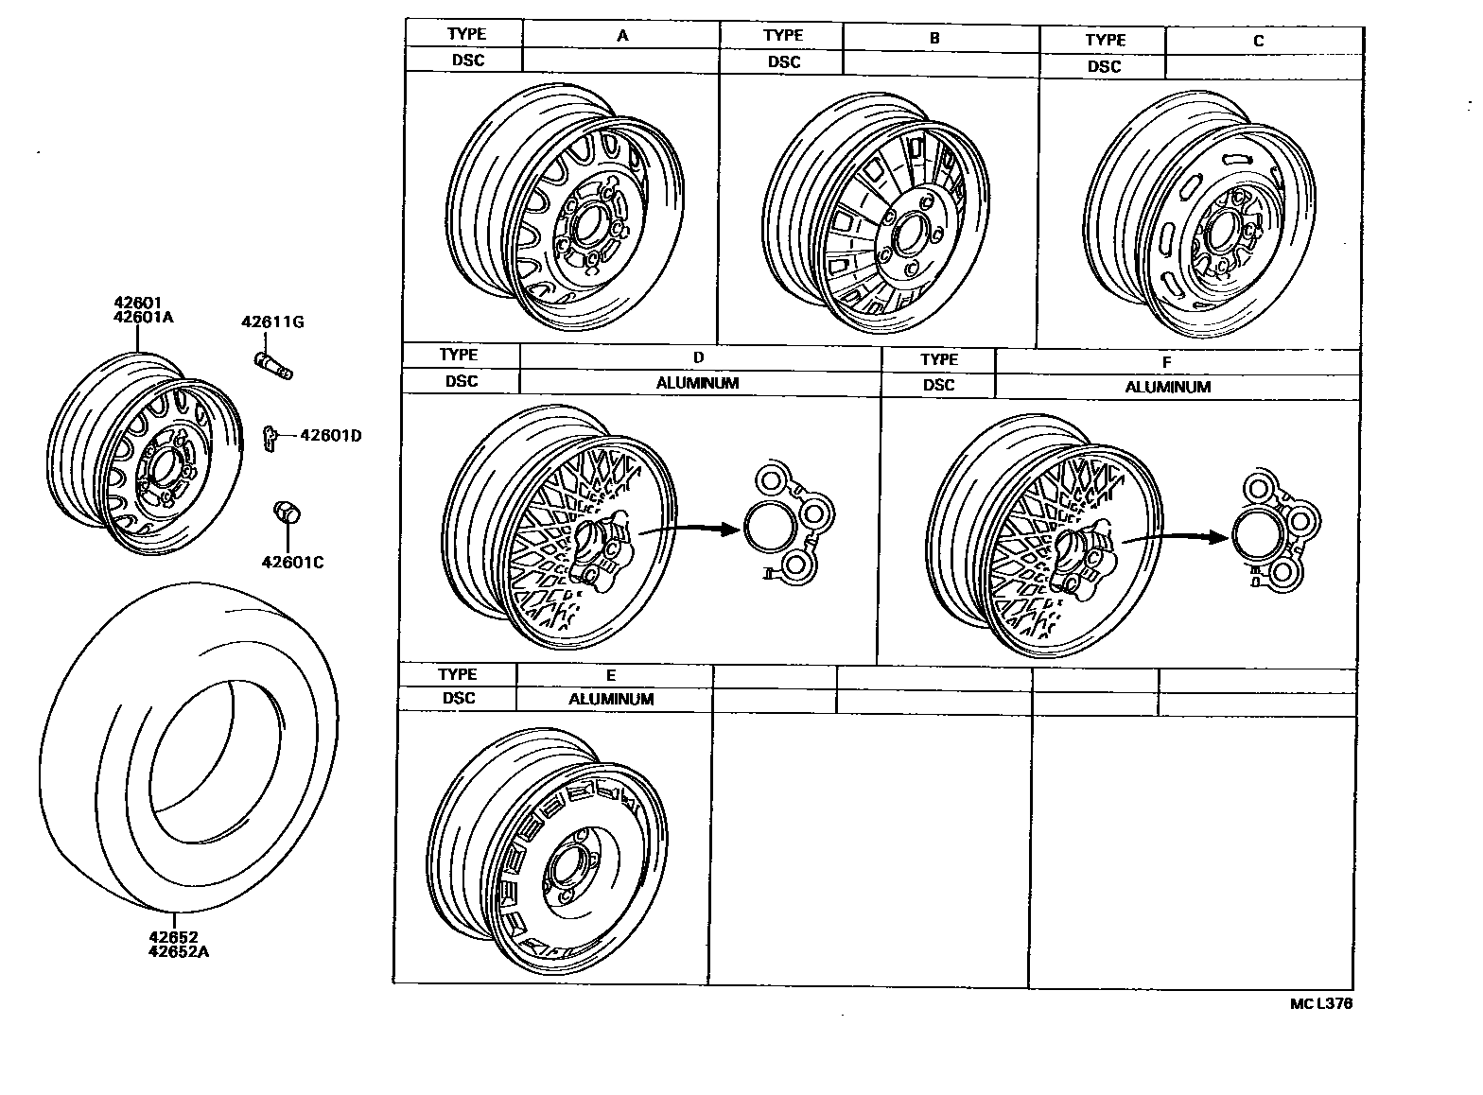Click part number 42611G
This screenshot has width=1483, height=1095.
coord(271,322)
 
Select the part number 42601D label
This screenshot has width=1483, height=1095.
coord(330,435)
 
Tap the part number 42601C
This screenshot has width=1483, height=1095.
coord(292,563)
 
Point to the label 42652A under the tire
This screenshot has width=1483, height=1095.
coord(178,951)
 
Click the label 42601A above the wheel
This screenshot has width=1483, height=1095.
coord(144,317)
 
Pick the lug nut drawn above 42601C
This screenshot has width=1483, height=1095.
coord(285,513)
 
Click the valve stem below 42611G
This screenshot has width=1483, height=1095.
coord(273,364)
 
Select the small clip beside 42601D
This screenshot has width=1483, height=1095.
coord(269,436)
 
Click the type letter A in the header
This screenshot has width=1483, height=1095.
coord(622,36)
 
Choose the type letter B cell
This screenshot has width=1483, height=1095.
coord(934,39)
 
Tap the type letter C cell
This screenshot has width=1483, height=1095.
coord(1258,41)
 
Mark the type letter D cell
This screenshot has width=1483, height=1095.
coord(698,357)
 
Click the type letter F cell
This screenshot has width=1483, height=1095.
coord(1166,362)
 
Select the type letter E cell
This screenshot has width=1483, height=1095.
coord(611,675)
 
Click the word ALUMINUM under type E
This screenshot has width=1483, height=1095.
coord(611,699)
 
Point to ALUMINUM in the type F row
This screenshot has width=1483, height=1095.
coord(1167,387)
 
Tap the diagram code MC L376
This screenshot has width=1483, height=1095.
coord(1320,1003)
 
